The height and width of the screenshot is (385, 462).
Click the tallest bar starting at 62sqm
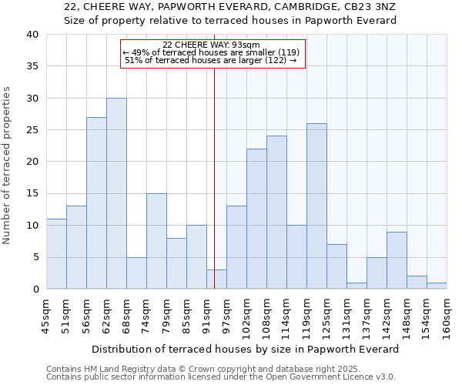pyautogui.click(x=116, y=193)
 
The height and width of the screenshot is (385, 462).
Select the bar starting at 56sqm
pyautogui.click(x=96, y=203)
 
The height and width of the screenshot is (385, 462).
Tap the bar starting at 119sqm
pyautogui.click(x=316, y=206)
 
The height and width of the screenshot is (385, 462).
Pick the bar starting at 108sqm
pyautogui.click(x=276, y=213)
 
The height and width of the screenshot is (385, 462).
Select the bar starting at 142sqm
pyautogui.click(x=397, y=260)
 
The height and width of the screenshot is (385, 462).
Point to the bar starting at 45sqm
pyautogui.click(x=56, y=254)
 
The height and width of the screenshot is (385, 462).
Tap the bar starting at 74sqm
pyautogui.click(x=156, y=241)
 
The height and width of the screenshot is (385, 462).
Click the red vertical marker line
pyautogui.click(x=214, y=177)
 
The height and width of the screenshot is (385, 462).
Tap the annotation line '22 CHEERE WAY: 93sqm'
pyautogui.click(x=212, y=45)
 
